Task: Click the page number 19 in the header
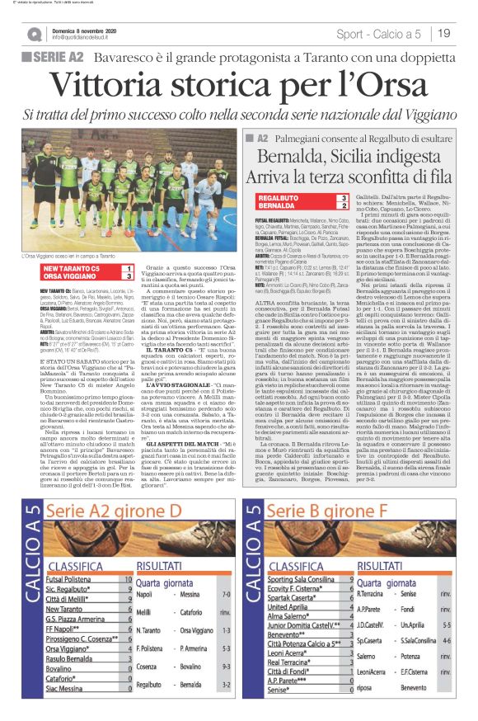pos(444,33)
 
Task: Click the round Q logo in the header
pos(34,34)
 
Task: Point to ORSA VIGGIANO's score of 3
pos(129,276)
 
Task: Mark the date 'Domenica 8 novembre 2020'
pos(87,29)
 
